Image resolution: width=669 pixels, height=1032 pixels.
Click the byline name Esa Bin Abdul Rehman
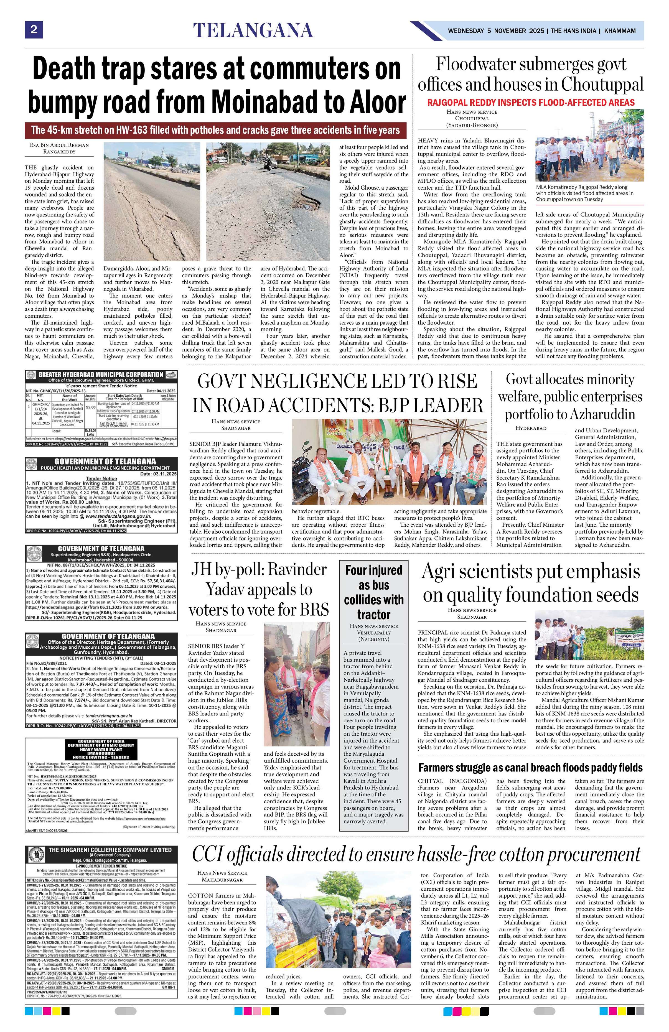(59, 145)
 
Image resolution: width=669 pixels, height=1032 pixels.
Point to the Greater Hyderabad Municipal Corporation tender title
(101, 375)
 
